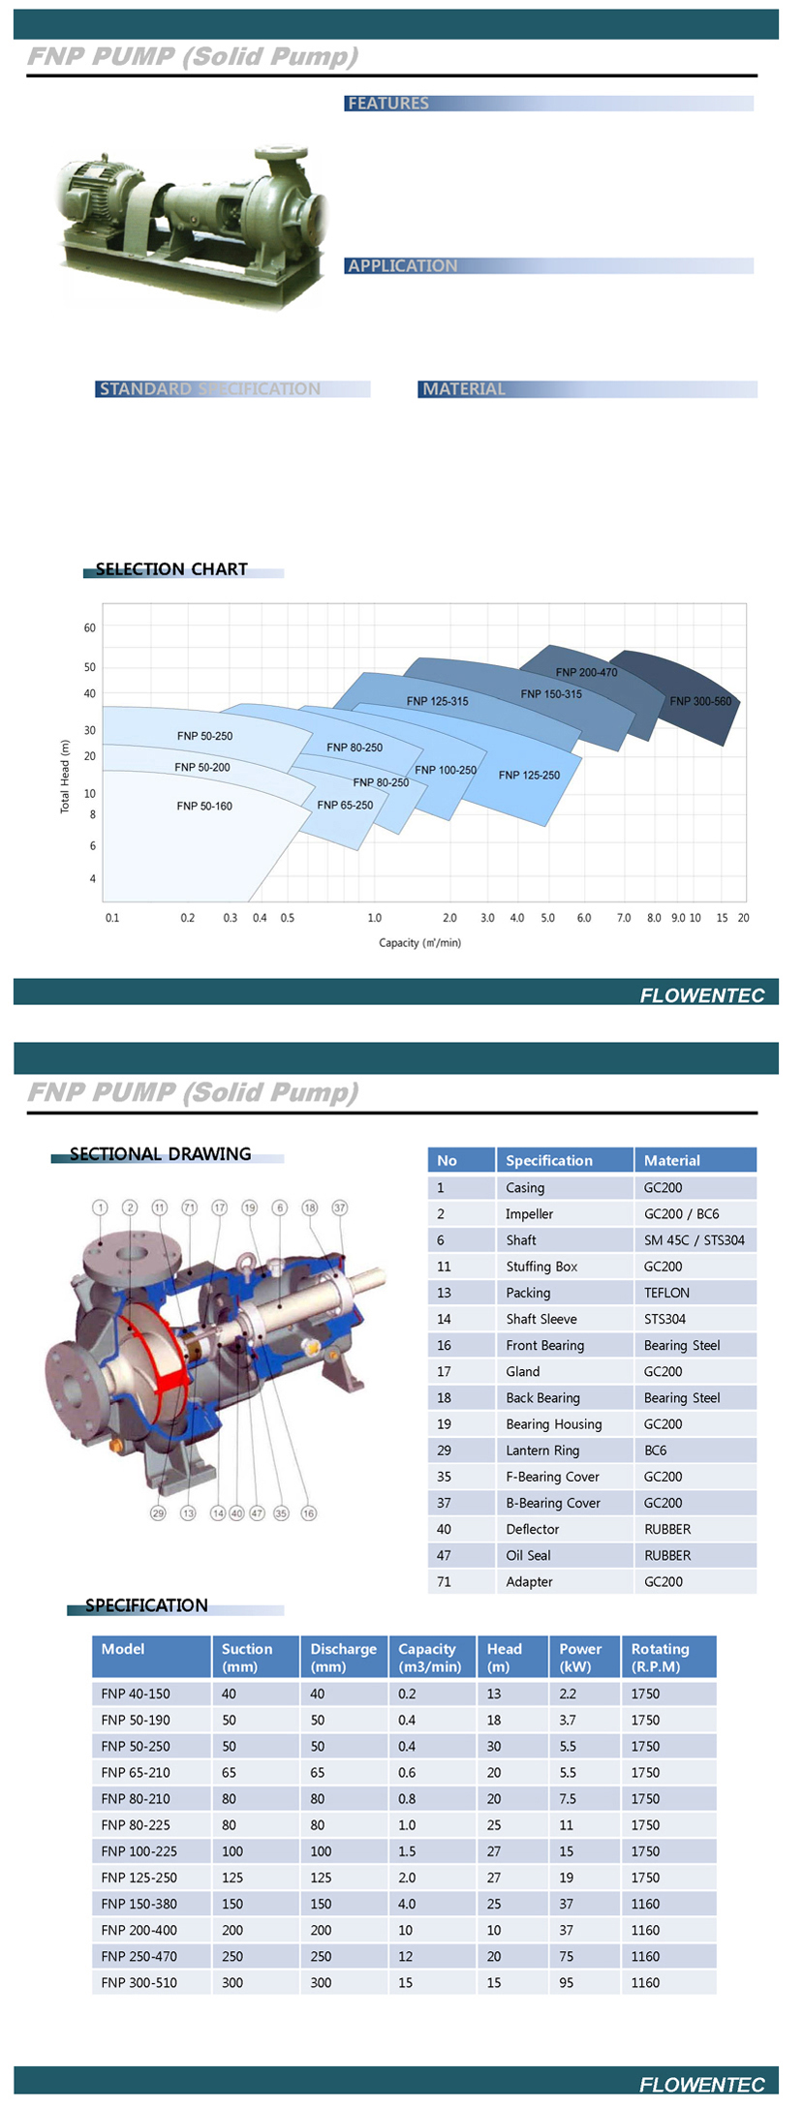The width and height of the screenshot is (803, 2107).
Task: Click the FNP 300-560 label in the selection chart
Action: [700, 701]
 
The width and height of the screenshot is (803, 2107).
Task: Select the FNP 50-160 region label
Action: [204, 806]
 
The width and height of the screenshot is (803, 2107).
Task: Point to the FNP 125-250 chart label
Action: [529, 775]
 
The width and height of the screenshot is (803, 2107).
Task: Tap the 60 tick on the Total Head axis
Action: [90, 627]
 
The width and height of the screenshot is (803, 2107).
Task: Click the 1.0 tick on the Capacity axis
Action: [375, 918]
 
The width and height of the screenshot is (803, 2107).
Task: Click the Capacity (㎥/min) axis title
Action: [419, 942]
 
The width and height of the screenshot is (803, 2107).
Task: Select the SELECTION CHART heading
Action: [171, 569]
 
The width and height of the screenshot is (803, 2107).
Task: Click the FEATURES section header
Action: [387, 104]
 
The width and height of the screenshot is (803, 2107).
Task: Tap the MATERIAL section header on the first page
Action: [464, 389]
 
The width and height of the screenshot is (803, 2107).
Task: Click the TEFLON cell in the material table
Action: [667, 1293]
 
